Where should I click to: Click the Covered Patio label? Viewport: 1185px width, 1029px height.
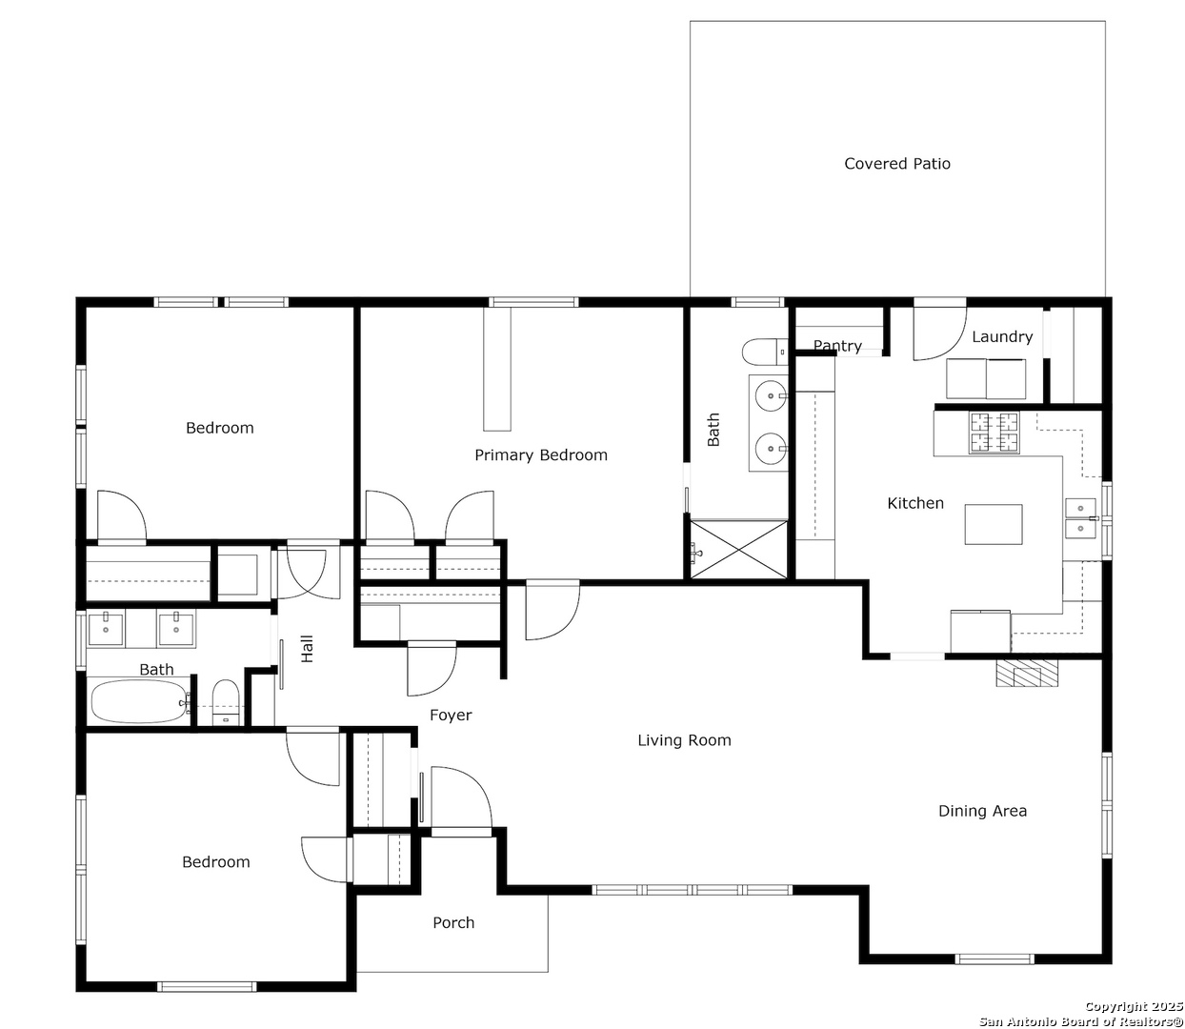click(897, 164)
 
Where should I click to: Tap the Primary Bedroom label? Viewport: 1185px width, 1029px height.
click(541, 455)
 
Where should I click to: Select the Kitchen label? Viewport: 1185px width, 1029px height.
click(915, 503)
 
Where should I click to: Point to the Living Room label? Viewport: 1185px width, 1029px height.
click(684, 740)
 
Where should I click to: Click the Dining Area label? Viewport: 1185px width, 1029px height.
click(982, 811)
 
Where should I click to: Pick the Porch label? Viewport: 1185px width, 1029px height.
click(453, 922)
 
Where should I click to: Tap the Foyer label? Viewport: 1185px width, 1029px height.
click(451, 716)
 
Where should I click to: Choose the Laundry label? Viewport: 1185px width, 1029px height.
click(1002, 337)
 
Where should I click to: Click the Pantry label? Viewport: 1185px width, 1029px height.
click(837, 346)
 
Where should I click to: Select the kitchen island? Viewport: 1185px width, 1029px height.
click(994, 524)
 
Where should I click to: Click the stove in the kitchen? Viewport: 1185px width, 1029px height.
click(994, 432)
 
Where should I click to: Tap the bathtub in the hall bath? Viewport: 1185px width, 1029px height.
click(139, 701)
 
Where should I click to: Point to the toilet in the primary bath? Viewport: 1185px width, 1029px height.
click(765, 353)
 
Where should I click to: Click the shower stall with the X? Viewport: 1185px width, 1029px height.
click(739, 550)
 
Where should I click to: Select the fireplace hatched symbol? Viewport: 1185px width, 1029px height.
click(1027, 673)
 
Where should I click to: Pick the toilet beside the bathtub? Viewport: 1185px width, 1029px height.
click(226, 702)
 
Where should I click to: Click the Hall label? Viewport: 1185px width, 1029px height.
click(307, 649)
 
